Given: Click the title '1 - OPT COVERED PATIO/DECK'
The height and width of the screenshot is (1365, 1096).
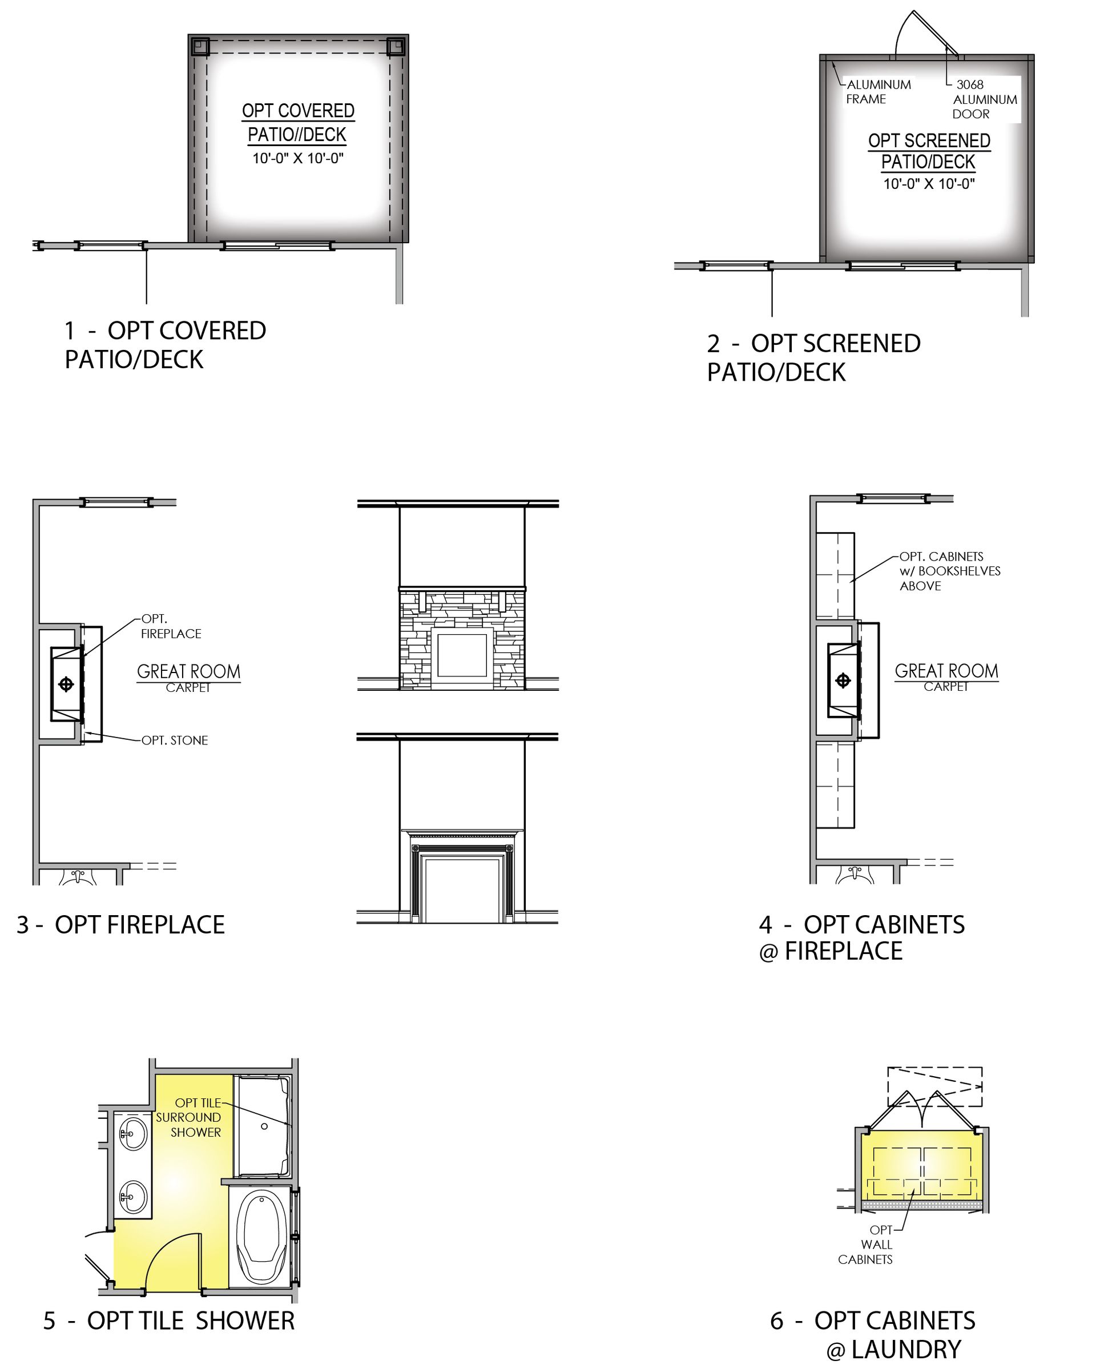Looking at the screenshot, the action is [165, 345].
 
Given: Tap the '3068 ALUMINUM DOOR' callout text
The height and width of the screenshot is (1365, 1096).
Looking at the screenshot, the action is [985, 99].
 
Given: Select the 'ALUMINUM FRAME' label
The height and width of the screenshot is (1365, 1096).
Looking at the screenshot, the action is [878, 92].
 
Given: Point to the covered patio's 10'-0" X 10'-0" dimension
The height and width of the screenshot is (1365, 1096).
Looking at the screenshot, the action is [297, 158].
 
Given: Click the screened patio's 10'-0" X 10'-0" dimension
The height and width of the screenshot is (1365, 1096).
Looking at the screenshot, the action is [929, 184].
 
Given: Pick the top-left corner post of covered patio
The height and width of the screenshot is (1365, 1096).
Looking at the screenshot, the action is [200, 47].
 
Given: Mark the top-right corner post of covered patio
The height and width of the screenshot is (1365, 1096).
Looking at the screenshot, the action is [396, 47].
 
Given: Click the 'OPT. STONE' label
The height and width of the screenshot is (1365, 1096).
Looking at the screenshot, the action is [175, 740].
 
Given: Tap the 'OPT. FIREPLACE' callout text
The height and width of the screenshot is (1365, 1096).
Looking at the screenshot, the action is [171, 626].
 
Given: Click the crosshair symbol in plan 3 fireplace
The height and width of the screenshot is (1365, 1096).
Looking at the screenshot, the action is [66, 684].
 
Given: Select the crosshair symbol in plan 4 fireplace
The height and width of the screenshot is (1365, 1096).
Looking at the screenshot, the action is [843, 681].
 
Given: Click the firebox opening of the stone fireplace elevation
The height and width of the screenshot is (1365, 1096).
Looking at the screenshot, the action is [462, 655].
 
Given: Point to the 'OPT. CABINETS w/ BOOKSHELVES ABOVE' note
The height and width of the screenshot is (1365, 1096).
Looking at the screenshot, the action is [950, 571].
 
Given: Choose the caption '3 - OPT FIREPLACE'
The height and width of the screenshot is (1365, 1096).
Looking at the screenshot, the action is [120, 925].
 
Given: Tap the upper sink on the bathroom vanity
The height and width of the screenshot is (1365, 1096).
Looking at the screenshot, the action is [133, 1133].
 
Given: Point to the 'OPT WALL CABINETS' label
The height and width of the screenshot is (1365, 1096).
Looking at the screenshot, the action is [865, 1245].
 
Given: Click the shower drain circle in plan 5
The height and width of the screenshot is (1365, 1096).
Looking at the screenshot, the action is [264, 1126].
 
